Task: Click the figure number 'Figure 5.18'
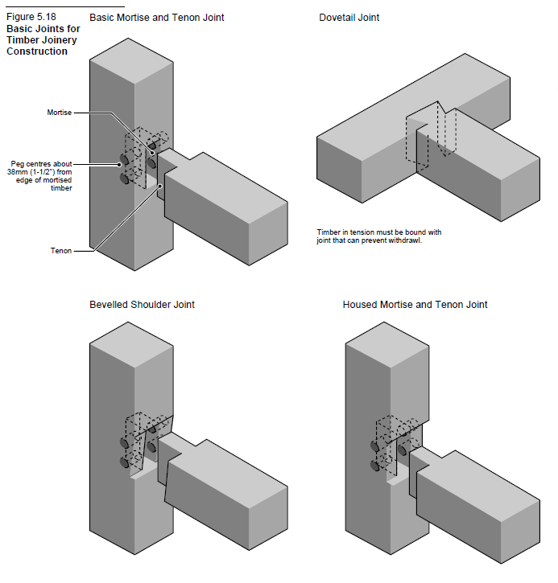point(30,16)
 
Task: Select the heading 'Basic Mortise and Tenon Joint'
point(157,17)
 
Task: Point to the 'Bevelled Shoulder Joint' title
point(142,305)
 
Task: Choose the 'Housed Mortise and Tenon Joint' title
point(415,305)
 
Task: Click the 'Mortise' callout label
point(59,113)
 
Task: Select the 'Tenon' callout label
point(60,251)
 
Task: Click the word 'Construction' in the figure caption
point(37,51)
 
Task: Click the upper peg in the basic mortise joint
point(123,158)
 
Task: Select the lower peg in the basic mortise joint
point(123,178)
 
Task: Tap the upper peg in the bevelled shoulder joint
point(123,442)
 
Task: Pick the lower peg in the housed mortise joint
point(376,465)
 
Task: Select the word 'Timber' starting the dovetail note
point(329,232)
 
